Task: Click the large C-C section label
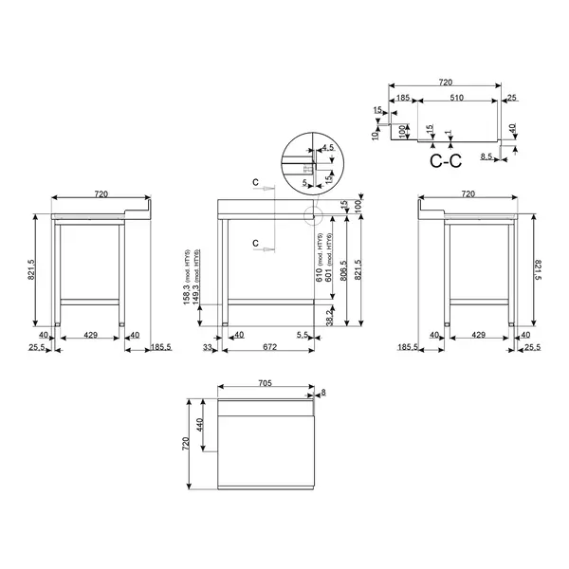[445, 160]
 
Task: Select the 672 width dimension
[269, 348]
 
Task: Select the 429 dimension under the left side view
[91, 335]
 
